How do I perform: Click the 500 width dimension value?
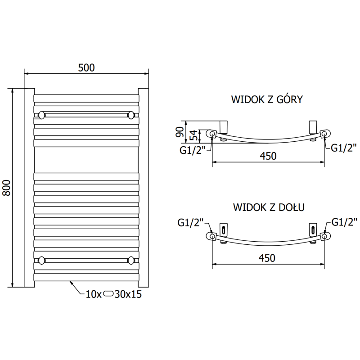[86, 67]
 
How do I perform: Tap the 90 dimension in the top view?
[179, 131]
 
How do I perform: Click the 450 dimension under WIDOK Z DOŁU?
[267, 257]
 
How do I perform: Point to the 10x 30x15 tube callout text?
[111, 294]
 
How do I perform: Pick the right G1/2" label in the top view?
[344, 147]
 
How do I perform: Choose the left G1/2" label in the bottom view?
[191, 221]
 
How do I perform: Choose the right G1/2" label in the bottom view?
[344, 221]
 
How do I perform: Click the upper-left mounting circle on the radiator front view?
[42, 115]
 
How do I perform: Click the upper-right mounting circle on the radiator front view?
[131, 115]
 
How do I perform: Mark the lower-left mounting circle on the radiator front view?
[42, 260]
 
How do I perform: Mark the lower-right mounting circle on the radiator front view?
[131, 260]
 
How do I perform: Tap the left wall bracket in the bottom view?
[223, 229]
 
